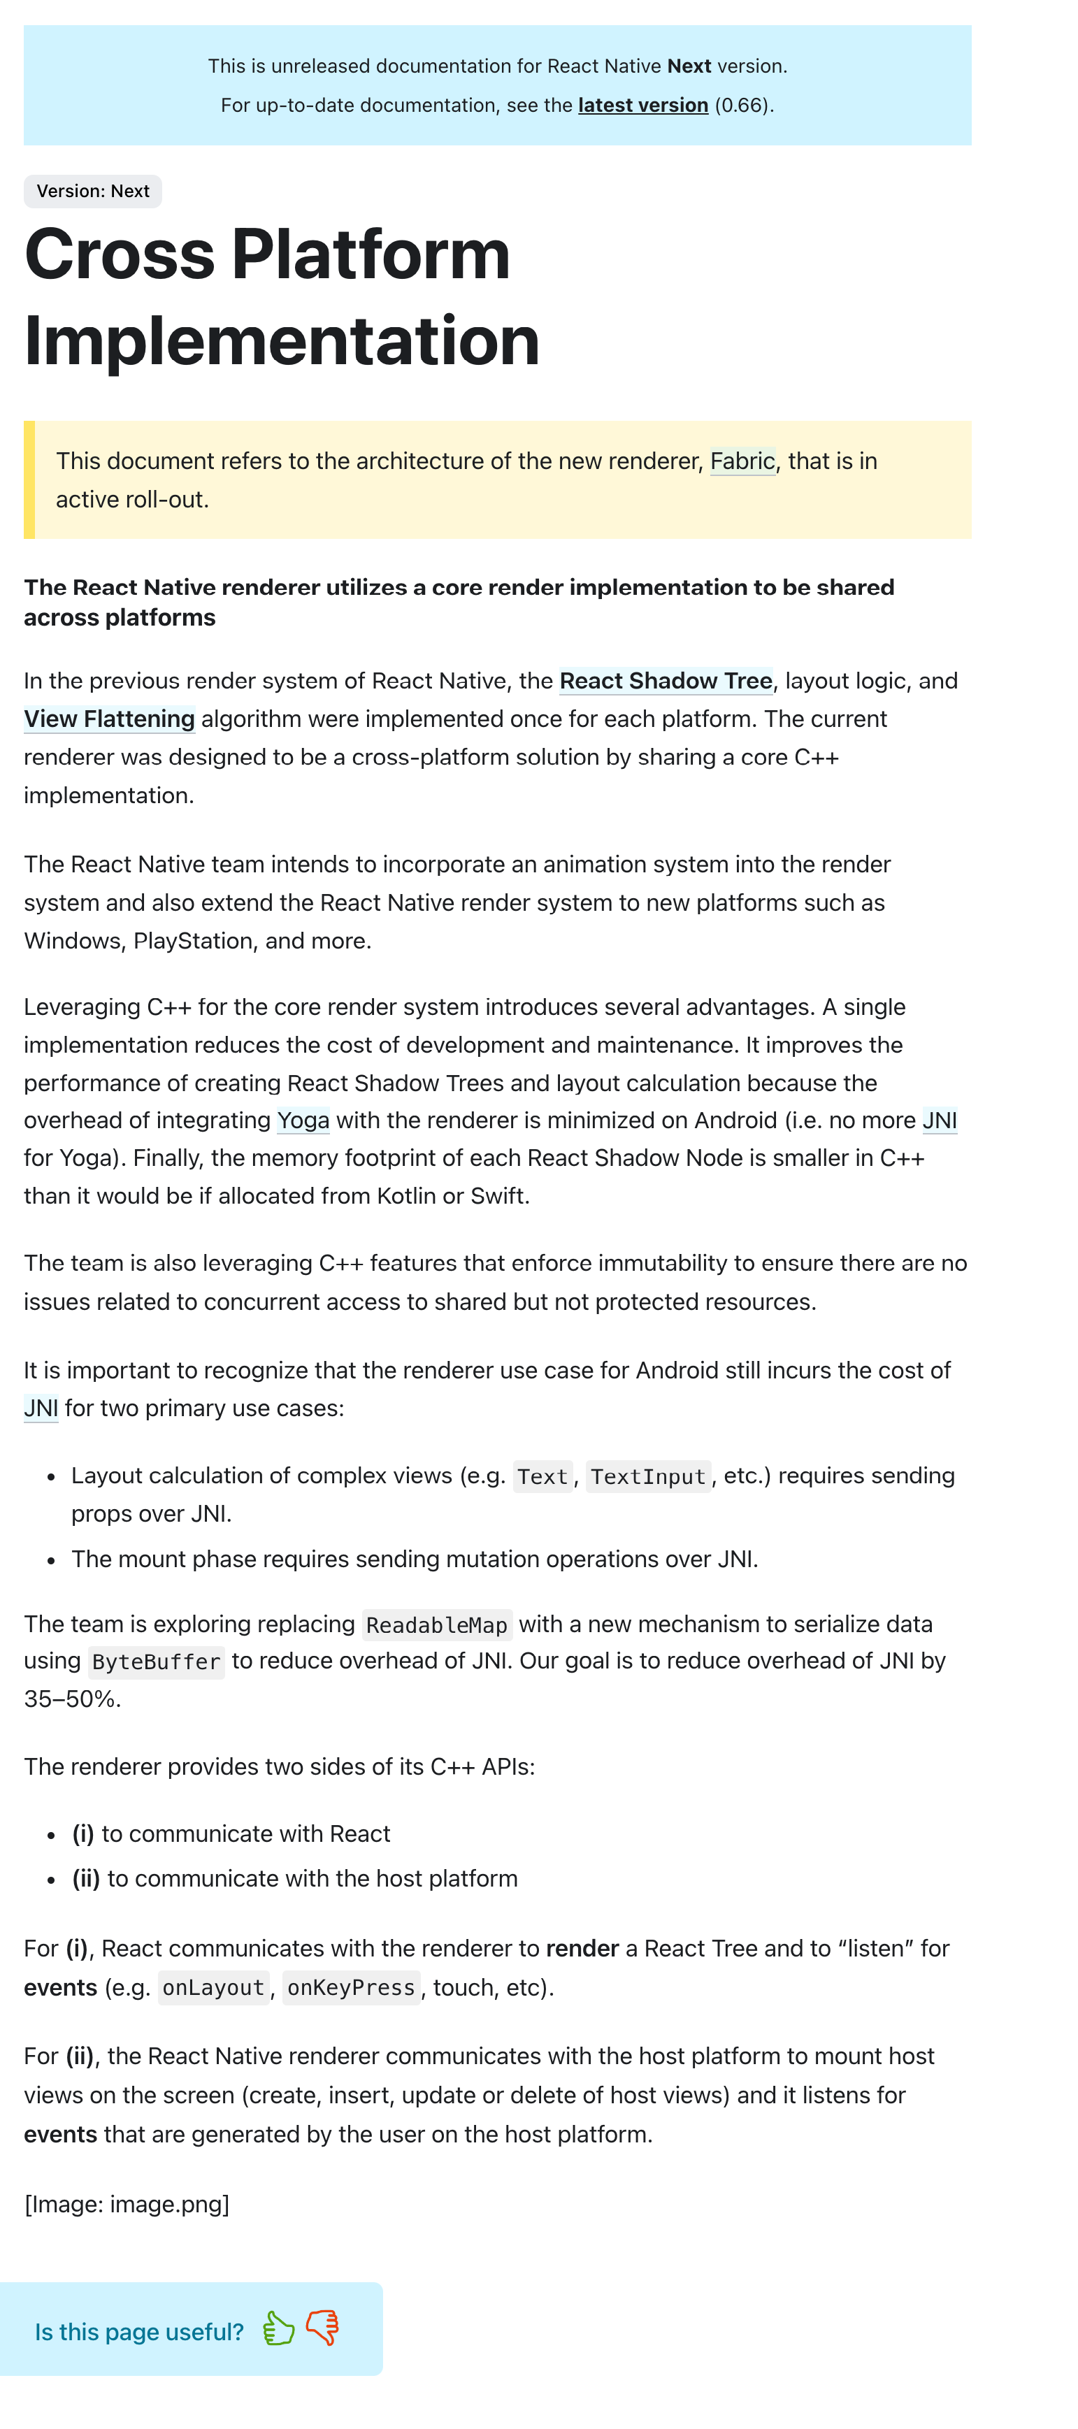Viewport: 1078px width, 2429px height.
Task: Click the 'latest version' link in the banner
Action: coord(642,105)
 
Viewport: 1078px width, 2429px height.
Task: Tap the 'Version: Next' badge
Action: coord(92,192)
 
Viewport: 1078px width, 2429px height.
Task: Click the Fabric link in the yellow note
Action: coord(742,461)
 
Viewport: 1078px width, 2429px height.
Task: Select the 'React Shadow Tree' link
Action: coord(666,681)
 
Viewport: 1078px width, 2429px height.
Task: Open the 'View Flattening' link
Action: coord(109,719)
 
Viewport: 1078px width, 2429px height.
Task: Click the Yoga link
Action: coord(303,1120)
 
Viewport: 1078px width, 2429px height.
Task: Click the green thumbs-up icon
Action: coord(278,2328)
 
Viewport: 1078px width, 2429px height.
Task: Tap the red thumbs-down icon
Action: coord(322,2327)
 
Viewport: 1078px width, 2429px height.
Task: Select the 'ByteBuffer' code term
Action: coord(157,1662)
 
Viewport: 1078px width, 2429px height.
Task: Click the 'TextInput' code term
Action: coord(648,1477)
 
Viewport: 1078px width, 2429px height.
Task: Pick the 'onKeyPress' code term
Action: coord(351,1988)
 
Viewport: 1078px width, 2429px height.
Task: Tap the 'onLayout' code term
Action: coord(213,1988)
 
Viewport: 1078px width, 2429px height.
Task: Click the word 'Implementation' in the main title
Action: coord(281,340)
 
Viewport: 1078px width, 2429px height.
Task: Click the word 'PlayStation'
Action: coord(192,941)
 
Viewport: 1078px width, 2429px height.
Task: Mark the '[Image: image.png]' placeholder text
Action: coord(127,2204)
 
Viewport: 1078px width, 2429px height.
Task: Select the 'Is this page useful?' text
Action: coord(138,2332)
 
